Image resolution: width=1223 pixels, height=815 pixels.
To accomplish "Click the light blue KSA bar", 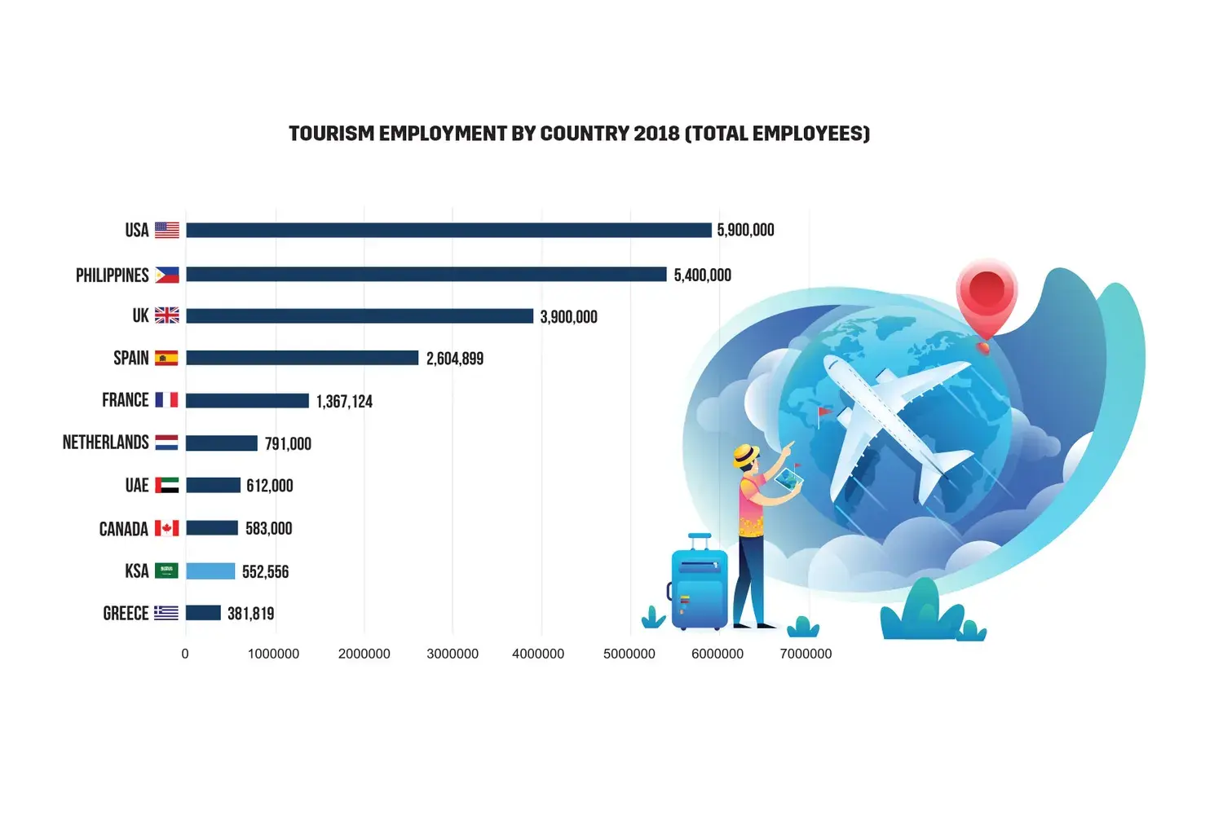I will click(x=210, y=571).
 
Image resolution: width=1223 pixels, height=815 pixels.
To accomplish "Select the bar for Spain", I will click(x=302, y=358).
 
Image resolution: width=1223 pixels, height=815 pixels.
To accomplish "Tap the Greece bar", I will click(x=203, y=613).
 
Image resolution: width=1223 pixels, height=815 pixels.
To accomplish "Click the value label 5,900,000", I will click(x=745, y=231).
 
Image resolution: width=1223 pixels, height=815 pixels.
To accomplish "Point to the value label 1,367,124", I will click(x=344, y=401).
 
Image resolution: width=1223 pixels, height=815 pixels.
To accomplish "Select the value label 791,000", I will click(x=288, y=443).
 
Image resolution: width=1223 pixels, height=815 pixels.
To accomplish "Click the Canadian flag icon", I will click(x=167, y=528).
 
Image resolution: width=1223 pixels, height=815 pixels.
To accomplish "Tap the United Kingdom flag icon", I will click(x=167, y=315).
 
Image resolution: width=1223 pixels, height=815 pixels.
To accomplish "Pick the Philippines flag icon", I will click(x=167, y=275).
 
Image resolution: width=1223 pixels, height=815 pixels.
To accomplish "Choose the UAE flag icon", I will click(x=167, y=485).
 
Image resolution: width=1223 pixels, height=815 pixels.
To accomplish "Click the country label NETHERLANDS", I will click(x=106, y=443).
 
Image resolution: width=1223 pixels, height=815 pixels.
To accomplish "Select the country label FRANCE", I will click(x=126, y=400).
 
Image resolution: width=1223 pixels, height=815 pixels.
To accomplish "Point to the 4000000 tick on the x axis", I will click(x=538, y=654).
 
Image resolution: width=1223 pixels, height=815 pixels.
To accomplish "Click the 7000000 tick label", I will click(x=806, y=654).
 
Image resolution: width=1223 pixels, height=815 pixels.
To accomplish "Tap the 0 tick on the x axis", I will click(x=185, y=654).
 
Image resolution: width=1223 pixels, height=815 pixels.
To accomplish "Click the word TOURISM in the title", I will click(x=331, y=134).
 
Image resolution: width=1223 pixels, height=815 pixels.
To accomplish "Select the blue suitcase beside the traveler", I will click(x=699, y=587).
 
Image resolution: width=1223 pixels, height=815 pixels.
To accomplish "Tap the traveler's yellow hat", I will click(x=745, y=455).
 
